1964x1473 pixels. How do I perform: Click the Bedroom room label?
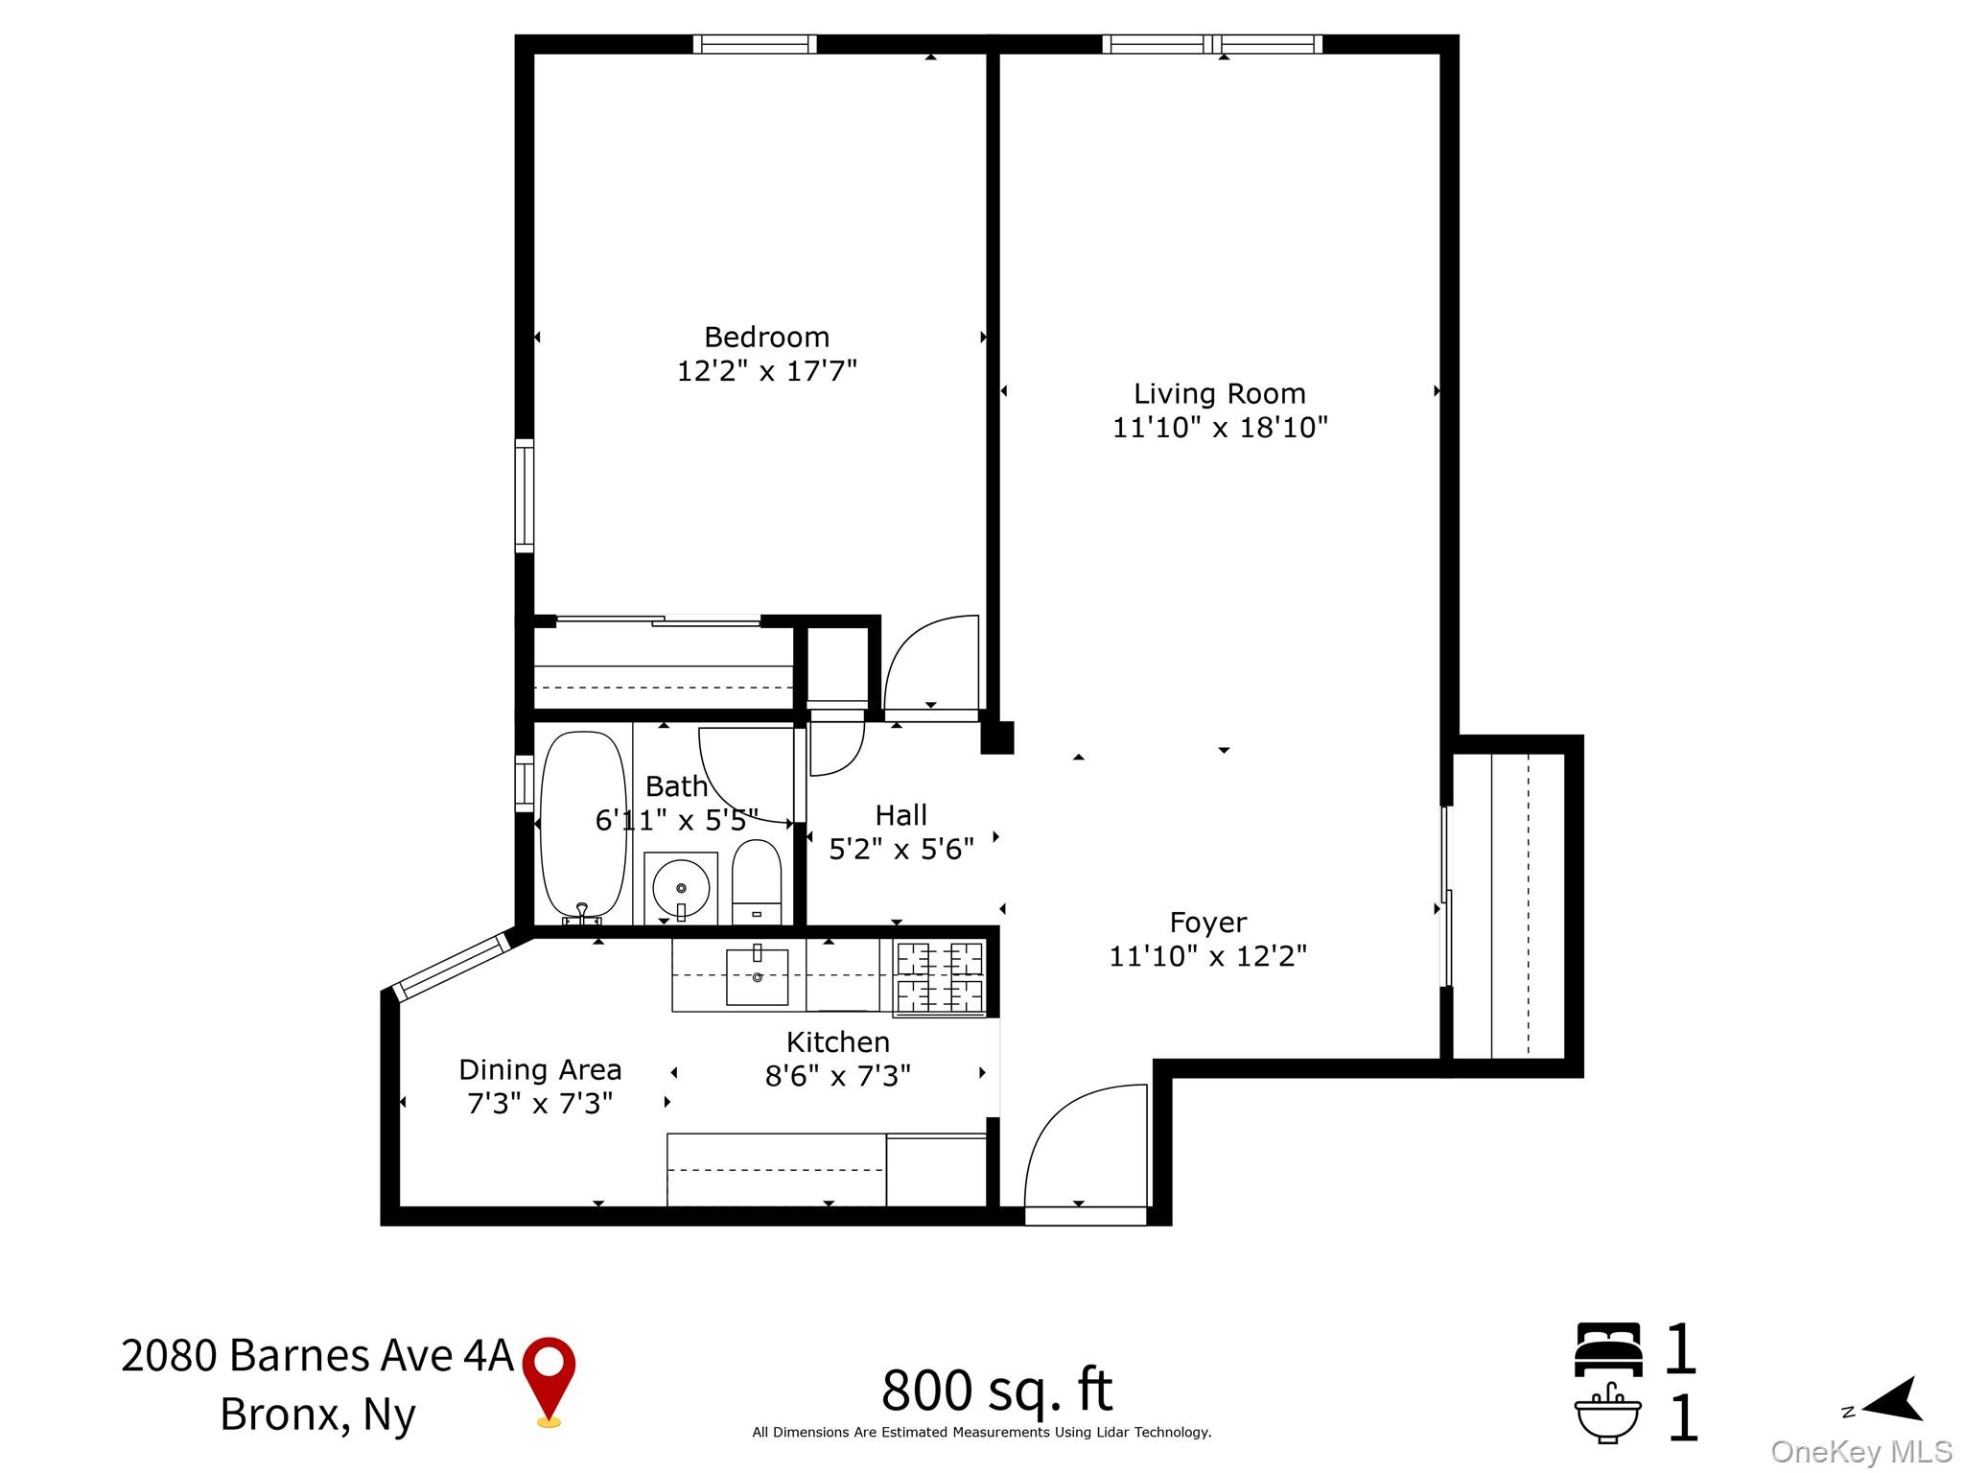tap(766, 337)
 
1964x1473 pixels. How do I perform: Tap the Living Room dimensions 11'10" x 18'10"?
tap(1220, 427)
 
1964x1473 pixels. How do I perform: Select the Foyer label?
tap(1207, 923)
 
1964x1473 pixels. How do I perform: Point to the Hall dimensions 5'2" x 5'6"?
tap(900, 849)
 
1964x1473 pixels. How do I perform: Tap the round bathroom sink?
tap(681, 888)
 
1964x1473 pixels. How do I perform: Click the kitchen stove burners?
tap(940, 977)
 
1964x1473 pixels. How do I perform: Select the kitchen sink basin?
tap(757, 977)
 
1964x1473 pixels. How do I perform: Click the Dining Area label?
tap(540, 1069)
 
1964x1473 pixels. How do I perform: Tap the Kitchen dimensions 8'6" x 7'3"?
tap(837, 1076)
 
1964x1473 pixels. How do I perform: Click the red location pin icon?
tap(549, 1382)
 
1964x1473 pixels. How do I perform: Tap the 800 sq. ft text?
tap(996, 1390)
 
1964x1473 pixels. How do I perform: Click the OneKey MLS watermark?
tap(1861, 1452)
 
